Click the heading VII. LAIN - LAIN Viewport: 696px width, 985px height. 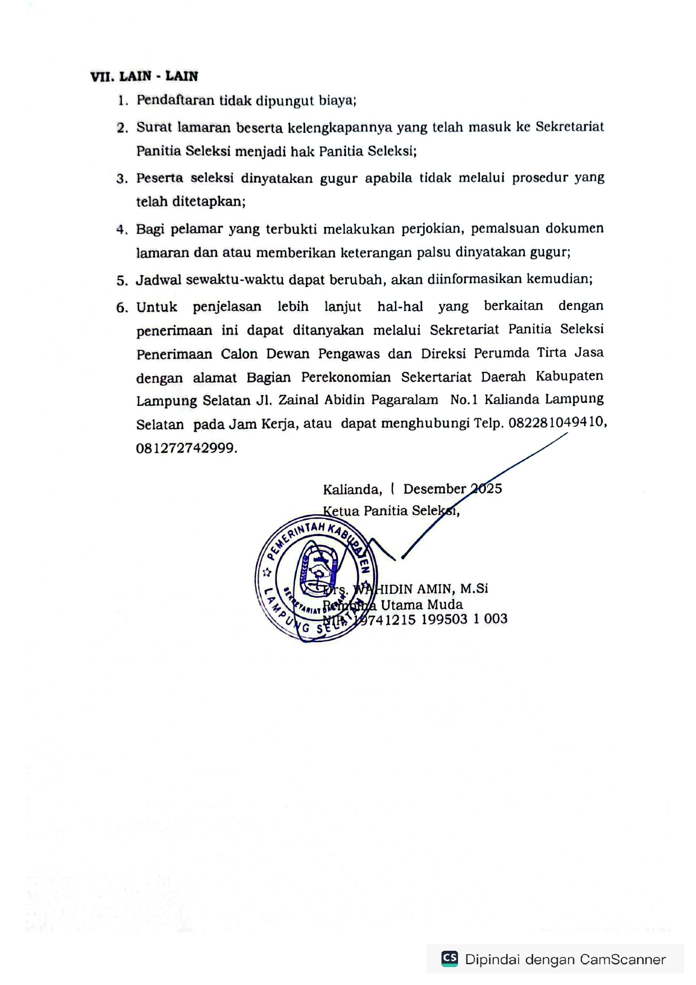click(144, 76)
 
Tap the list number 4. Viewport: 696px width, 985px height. click(122, 230)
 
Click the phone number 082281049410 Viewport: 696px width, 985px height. click(557, 423)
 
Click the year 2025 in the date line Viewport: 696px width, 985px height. click(486, 488)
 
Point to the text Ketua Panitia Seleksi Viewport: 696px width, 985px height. click(391, 511)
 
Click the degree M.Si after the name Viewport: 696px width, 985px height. click(474, 588)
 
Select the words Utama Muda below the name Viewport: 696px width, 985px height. click(422, 604)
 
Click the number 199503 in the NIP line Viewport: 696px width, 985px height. click(444, 619)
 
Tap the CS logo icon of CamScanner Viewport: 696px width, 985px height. click(450, 958)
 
